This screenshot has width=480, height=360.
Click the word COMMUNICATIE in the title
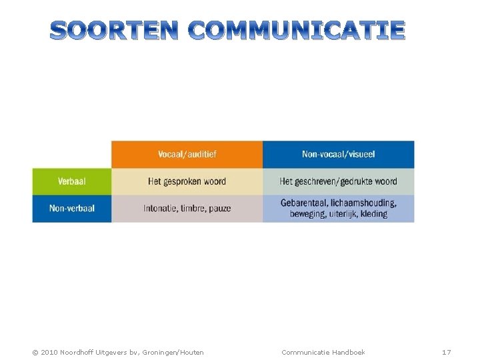tap(297, 30)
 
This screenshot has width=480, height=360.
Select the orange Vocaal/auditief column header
tap(187, 154)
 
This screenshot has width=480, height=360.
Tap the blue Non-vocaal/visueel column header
tap(338, 154)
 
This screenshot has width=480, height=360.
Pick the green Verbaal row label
tap(71, 181)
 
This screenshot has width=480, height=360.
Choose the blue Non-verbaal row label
tap(71, 208)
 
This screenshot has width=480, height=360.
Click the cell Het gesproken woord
tap(187, 181)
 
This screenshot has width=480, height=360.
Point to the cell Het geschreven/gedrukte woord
tap(338, 181)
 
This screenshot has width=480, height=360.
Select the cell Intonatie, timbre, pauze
tap(187, 208)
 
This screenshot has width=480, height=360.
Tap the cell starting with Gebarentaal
tap(338, 208)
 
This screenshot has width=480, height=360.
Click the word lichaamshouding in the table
tap(363, 203)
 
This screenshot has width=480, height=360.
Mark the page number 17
tap(446, 352)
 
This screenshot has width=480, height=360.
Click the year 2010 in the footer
tap(49, 352)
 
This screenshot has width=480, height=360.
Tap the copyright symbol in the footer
tap(35, 352)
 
